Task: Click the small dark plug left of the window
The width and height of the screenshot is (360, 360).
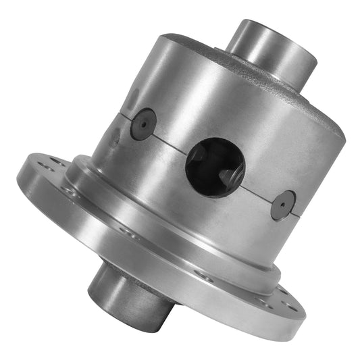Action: [x=143, y=124]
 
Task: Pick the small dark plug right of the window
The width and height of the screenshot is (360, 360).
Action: [x=282, y=204]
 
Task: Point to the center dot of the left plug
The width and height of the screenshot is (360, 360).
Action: [x=143, y=124]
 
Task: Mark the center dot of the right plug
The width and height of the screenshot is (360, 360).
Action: [x=282, y=204]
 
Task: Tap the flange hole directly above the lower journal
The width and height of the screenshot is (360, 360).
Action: [x=126, y=230]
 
